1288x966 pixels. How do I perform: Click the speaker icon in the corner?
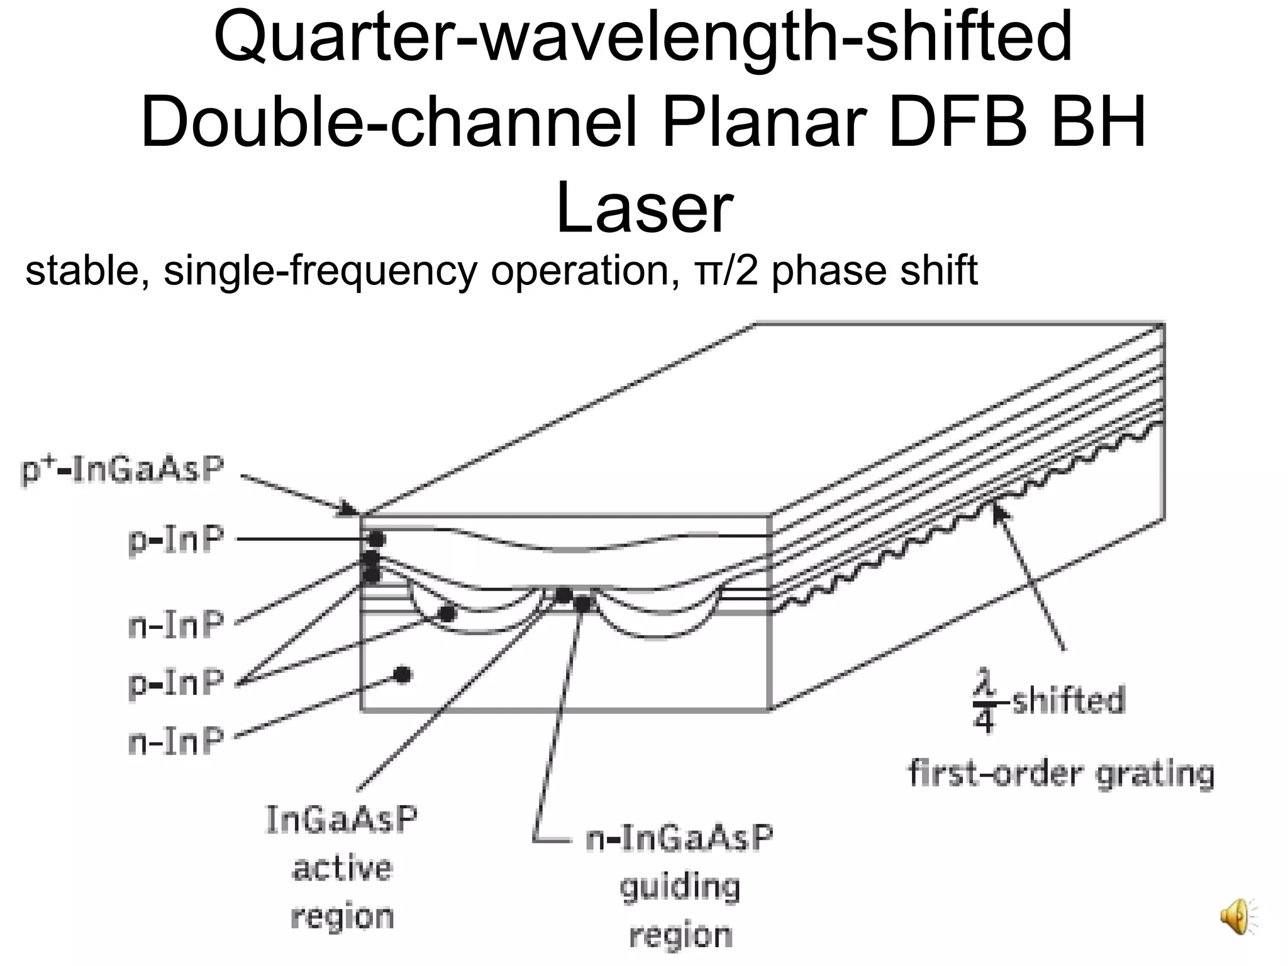(x=1236, y=916)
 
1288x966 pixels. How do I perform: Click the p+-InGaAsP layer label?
(x=123, y=471)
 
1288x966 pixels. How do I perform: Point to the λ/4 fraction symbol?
(x=984, y=709)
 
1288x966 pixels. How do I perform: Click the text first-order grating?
(x=1061, y=774)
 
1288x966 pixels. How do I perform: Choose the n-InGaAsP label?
(x=679, y=838)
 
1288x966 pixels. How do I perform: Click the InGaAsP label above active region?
(x=341, y=820)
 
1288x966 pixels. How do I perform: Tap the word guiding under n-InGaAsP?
(x=680, y=887)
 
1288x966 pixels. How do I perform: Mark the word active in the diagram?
(x=342, y=868)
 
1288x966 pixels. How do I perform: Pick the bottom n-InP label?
(x=176, y=741)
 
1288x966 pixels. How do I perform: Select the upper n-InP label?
(x=176, y=625)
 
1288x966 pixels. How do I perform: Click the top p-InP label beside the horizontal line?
(x=176, y=540)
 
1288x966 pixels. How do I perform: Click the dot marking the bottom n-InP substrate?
(x=402, y=675)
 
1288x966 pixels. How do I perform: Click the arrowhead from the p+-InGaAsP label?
(x=349, y=509)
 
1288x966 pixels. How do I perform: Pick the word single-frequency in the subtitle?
(x=321, y=271)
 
